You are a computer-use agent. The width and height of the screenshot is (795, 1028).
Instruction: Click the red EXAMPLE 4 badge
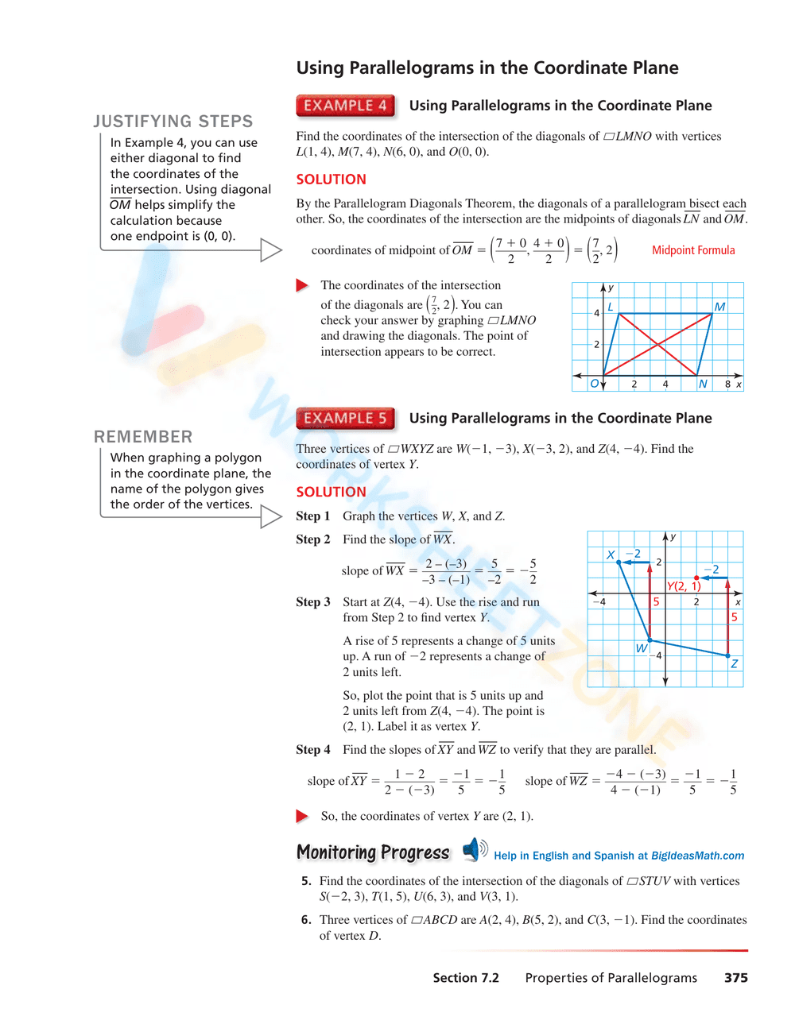pyautogui.click(x=345, y=106)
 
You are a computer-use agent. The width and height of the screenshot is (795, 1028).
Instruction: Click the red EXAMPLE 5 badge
pyautogui.click(x=345, y=419)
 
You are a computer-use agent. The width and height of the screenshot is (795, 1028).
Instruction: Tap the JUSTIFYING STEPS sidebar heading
pyautogui.click(x=173, y=122)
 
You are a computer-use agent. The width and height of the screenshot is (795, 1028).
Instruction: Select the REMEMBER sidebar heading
pyautogui.click(x=143, y=437)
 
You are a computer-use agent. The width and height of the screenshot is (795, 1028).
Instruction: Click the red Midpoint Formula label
pyautogui.click(x=693, y=250)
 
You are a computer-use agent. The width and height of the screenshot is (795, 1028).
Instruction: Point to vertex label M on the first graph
pyautogui.click(x=719, y=307)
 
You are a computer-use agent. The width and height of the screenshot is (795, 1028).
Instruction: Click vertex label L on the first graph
pyautogui.click(x=611, y=307)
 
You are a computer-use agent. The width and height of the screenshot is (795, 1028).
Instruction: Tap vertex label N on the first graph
pyautogui.click(x=703, y=384)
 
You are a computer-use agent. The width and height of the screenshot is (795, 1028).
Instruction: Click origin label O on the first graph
pyautogui.click(x=594, y=384)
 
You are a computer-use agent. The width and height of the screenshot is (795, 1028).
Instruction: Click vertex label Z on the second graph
pyautogui.click(x=735, y=663)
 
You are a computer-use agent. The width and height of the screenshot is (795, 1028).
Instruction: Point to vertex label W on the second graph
pyautogui.click(x=641, y=648)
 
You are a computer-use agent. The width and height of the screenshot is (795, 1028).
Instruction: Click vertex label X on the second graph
pyautogui.click(x=611, y=555)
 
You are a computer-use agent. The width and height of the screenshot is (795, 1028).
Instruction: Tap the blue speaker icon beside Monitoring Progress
pyautogui.click(x=474, y=849)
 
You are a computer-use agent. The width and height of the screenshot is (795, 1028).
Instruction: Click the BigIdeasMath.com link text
pyautogui.click(x=697, y=856)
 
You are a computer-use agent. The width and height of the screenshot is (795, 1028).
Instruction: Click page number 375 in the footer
pyautogui.click(x=735, y=978)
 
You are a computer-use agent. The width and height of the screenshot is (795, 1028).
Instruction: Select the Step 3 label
pyautogui.click(x=313, y=602)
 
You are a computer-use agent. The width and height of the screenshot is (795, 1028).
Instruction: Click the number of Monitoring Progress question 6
pyautogui.click(x=306, y=920)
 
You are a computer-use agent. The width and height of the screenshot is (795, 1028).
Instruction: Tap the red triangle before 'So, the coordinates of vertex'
pyautogui.click(x=302, y=816)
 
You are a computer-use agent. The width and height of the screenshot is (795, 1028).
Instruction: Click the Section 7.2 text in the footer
pyautogui.click(x=466, y=978)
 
